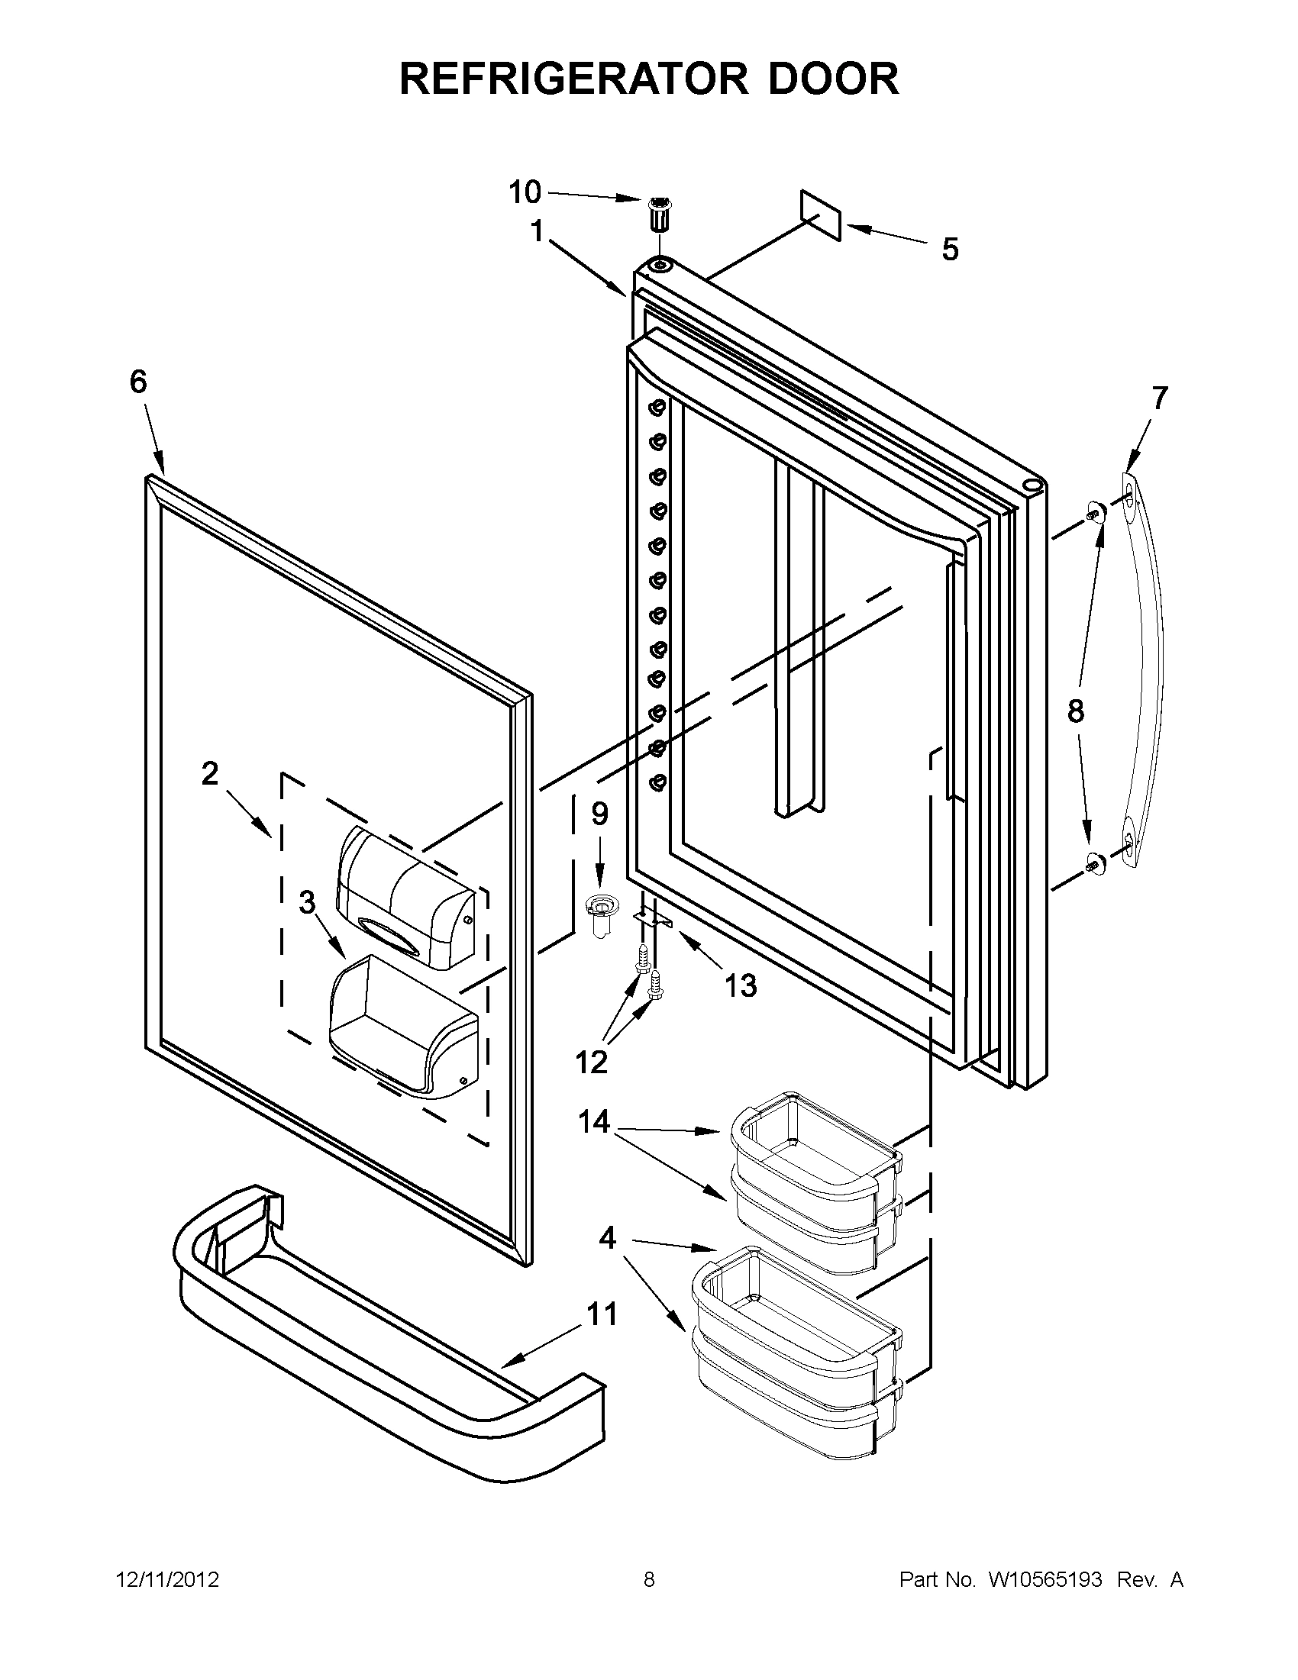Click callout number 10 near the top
[525, 192]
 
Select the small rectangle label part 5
[821, 215]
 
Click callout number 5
[951, 250]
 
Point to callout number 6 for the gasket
[137, 382]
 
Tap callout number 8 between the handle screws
[1076, 711]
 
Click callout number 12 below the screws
[591, 1062]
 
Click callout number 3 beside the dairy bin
[307, 902]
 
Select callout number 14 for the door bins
[595, 1121]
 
